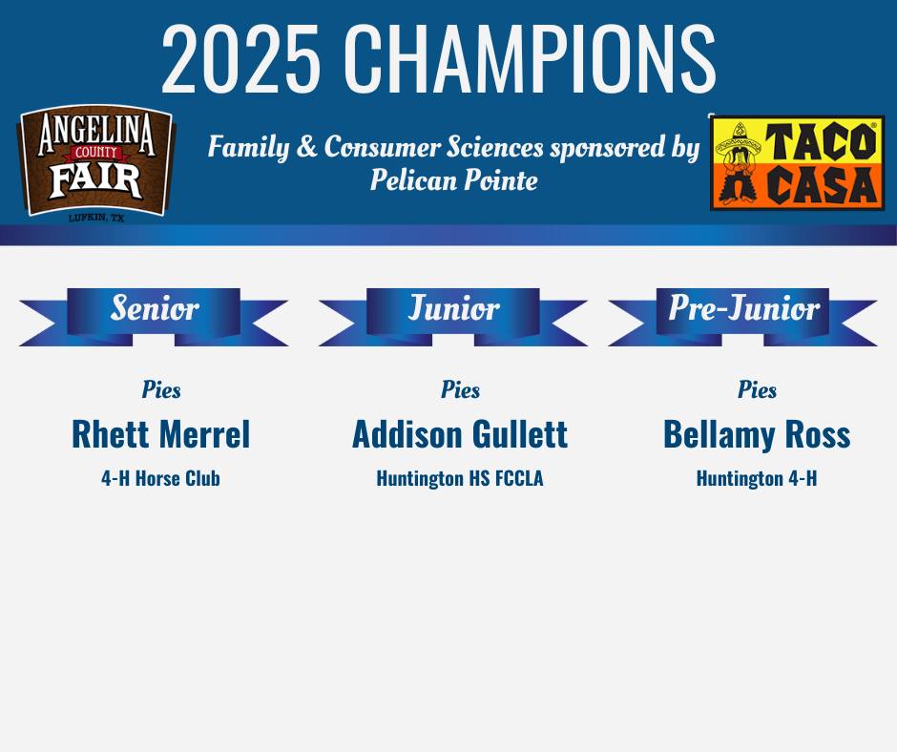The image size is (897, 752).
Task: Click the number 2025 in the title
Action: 240,58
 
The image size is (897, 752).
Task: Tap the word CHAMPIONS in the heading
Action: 530,58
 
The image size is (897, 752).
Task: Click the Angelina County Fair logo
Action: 96,162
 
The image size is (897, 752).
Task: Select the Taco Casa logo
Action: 797,162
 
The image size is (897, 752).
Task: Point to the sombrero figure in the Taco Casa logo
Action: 738,162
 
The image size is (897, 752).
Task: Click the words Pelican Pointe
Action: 453,179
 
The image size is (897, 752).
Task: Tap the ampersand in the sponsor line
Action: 307,147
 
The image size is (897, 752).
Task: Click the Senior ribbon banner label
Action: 154,308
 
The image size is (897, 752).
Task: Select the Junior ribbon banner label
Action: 453,308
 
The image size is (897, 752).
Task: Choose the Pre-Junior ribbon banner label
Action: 743,308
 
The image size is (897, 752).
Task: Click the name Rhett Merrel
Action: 160,434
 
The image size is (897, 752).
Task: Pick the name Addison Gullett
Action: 460,434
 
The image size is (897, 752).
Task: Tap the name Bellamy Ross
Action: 757,434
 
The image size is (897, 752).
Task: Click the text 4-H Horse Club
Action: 160,478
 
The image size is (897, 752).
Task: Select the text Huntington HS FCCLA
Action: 460,478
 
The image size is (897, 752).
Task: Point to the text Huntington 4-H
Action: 757,478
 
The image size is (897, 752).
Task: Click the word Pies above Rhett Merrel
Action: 161,389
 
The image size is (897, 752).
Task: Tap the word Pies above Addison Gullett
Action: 461,389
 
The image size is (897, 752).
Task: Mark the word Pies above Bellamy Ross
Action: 758,389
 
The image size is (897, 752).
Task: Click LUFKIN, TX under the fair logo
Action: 96,218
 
